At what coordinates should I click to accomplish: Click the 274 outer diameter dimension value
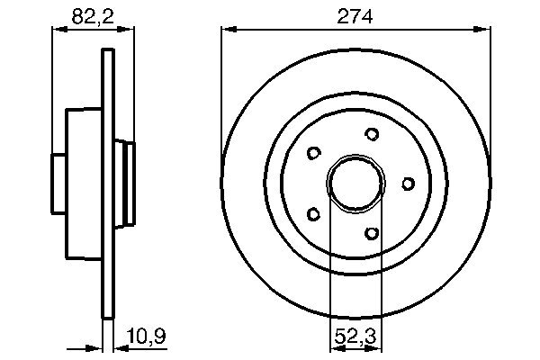pos(355,15)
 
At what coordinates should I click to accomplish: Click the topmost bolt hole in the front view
pos(371,134)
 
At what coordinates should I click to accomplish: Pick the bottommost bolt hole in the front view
pos(371,233)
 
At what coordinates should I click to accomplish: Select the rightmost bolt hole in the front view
pos(408,184)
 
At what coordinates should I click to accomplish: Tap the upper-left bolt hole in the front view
pos(313,153)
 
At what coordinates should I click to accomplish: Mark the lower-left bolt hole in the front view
pos(313,214)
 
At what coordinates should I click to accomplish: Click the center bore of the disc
pos(355,184)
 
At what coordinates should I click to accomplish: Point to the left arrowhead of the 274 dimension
pos(228,31)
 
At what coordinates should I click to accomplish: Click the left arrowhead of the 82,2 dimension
pos(57,31)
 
